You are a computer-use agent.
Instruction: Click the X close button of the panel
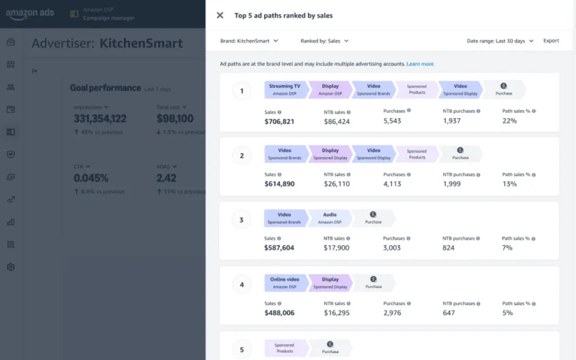(220, 15)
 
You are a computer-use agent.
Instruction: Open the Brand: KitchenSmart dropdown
(249, 41)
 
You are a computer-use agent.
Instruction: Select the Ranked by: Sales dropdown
(324, 41)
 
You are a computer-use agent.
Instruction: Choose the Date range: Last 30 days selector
(500, 41)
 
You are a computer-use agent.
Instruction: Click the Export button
(551, 41)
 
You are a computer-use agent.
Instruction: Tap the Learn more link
(420, 64)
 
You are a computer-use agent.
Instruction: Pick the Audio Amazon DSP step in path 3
(329, 218)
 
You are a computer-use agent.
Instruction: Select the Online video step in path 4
(285, 283)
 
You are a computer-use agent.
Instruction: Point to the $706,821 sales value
(279, 121)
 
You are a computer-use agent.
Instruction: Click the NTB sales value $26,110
(336, 184)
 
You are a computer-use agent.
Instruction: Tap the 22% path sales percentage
(509, 121)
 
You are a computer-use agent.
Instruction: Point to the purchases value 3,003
(392, 248)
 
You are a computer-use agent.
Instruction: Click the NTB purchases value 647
(449, 312)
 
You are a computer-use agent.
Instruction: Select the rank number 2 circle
(242, 156)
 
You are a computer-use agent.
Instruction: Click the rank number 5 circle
(242, 349)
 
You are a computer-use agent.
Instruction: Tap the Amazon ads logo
(30, 14)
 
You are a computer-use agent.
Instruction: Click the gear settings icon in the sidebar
(11, 267)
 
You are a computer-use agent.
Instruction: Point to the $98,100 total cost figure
(175, 119)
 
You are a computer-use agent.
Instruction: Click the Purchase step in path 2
(460, 154)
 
